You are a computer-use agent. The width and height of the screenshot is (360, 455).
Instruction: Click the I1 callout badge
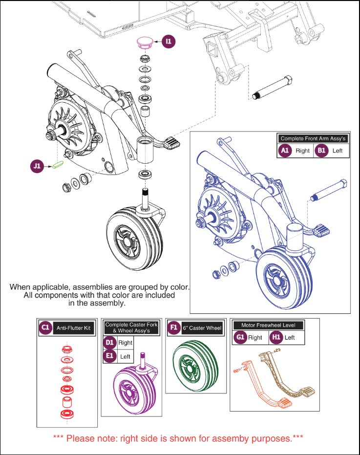pos(169,42)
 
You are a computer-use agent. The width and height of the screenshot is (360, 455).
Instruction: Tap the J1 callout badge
pos(37,166)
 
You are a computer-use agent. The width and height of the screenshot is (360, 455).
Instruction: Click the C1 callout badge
pos(46,328)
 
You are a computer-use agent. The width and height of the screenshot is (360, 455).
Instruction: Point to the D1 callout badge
pos(110,343)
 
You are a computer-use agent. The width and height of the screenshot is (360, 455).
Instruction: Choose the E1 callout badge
pos(110,357)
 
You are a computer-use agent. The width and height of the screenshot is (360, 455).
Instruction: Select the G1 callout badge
pos(239,337)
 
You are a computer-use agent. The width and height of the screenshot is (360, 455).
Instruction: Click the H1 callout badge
pos(276,337)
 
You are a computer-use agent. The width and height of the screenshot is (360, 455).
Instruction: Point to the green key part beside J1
pos(58,165)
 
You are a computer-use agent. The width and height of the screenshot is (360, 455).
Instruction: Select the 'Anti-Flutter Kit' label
pos(72,328)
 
